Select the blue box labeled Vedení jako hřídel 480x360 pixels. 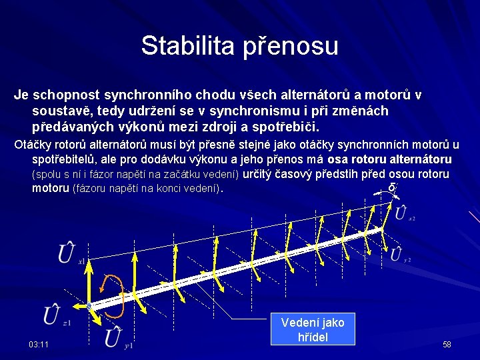[x=313, y=329]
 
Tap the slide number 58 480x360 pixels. [x=447, y=345]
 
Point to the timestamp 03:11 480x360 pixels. [x=38, y=345]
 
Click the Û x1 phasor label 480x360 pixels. [x=69, y=255]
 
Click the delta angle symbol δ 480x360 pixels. [x=391, y=188]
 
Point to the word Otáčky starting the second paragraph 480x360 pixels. [x=32, y=145]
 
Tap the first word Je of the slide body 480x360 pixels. [x=21, y=95]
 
